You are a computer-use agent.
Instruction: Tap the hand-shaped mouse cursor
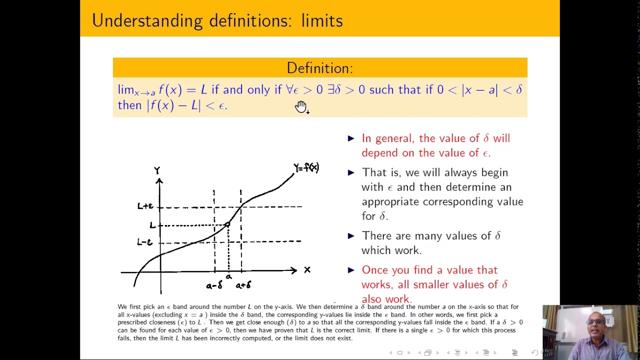coord(301,106)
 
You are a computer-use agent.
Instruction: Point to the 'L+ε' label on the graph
coord(145,206)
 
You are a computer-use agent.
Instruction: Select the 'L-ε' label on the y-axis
coord(144,242)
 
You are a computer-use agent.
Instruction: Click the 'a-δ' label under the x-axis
coord(214,285)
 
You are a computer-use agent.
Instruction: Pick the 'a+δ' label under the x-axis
coord(243,285)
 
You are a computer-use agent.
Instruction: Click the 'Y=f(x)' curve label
coord(306,167)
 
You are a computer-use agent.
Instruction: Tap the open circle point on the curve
coord(227,225)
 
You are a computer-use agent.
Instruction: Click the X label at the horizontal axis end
coord(307,270)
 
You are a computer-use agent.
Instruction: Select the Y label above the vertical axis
coord(157,170)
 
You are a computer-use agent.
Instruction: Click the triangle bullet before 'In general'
coord(351,138)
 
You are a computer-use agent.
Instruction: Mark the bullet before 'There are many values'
coord(351,236)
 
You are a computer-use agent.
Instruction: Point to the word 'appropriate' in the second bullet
coord(391,201)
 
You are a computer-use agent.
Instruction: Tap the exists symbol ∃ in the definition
coord(331,90)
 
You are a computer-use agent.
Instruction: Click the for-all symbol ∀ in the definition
coord(289,90)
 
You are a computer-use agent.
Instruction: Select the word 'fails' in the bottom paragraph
coord(124,338)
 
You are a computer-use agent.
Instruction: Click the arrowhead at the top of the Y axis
coord(159,180)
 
